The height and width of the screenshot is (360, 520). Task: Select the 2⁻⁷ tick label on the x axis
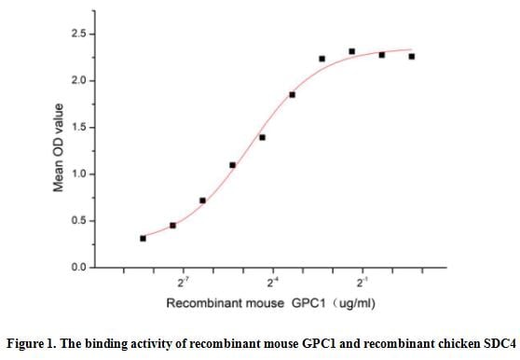pyautogui.click(x=184, y=282)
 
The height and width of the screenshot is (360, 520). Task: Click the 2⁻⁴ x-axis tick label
pyautogui.click(x=273, y=282)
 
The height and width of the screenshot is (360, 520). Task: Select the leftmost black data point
pyautogui.click(x=143, y=238)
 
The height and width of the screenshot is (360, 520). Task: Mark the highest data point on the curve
pyautogui.click(x=351, y=51)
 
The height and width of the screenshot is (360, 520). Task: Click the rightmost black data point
pyautogui.click(x=411, y=57)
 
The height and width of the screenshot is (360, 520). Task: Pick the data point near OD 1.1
pyautogui.click(x=232, y=165)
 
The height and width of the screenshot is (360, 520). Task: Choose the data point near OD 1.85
pyautogui.click(x=292, y=94)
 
